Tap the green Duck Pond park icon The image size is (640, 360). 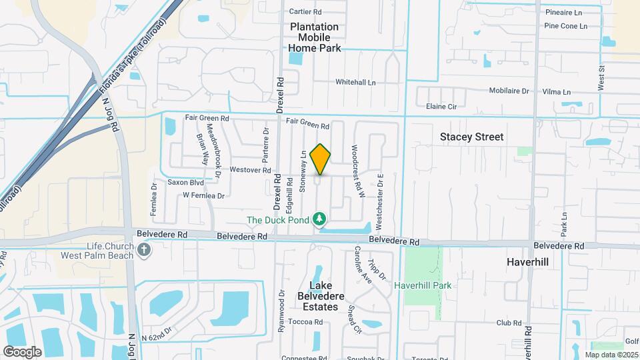(x=320, y=219)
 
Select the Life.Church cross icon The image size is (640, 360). (x=144, y=250)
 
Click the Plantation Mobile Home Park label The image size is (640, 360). (x=315, y=37)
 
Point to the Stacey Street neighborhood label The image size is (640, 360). (x=471, y=137)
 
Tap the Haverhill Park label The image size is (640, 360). (x=423, y=285)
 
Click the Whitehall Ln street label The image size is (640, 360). (x=355, y=83)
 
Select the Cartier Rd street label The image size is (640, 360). (x=305, y=11)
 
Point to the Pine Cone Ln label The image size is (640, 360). (x=565, y=26)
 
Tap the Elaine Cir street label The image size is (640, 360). (x=441, y=106)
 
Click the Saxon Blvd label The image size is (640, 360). (x=185, y=182)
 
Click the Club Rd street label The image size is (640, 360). (x=508, y=323)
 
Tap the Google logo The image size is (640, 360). (x=22, y=351)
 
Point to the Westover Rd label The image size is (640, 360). (x=250, y=170)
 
